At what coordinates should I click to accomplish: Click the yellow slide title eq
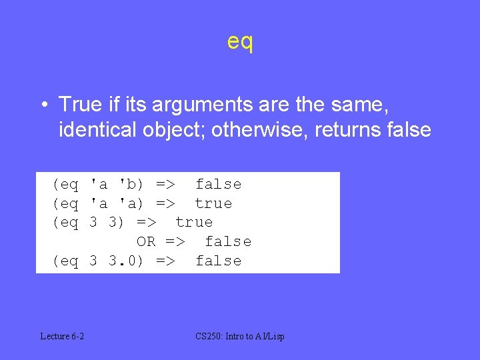pyautogui.click(x=240, y=42)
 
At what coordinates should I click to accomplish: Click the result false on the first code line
pyautogui.click(x=218, y=184)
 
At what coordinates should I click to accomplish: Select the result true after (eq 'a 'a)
pyautogui.click(x=213, y=203)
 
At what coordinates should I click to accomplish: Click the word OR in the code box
pyautogui.click(x=146, y=241)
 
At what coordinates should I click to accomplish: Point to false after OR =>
pyautogui.click(x=227, y=241)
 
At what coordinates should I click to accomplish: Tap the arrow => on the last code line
pyautogui.click(x=165, y=261)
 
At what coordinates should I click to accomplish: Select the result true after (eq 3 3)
pyautogui.click(x=194, y=222)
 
